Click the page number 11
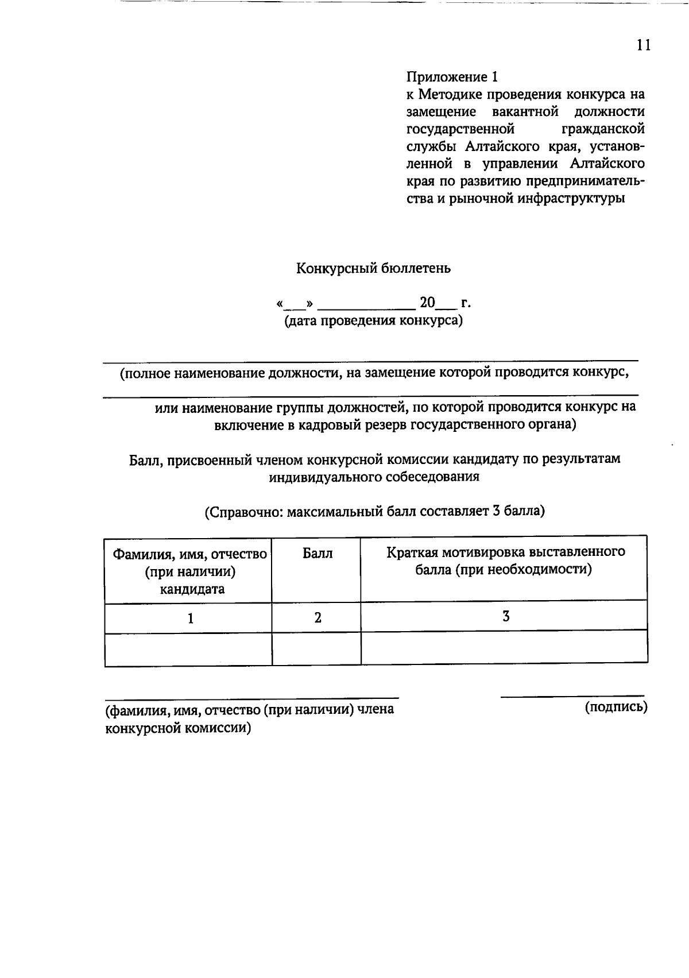644,45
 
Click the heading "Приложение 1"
452,76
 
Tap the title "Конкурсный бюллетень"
373,268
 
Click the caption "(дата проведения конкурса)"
374,320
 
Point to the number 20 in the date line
428,302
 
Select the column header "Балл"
317,554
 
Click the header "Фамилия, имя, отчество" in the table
189,555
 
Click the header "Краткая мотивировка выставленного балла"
505,560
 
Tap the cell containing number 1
190,619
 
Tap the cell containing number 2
317,618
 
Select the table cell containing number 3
505,617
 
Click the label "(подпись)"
616,707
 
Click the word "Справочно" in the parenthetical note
245,511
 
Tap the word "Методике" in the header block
452,94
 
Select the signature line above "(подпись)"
572,697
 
